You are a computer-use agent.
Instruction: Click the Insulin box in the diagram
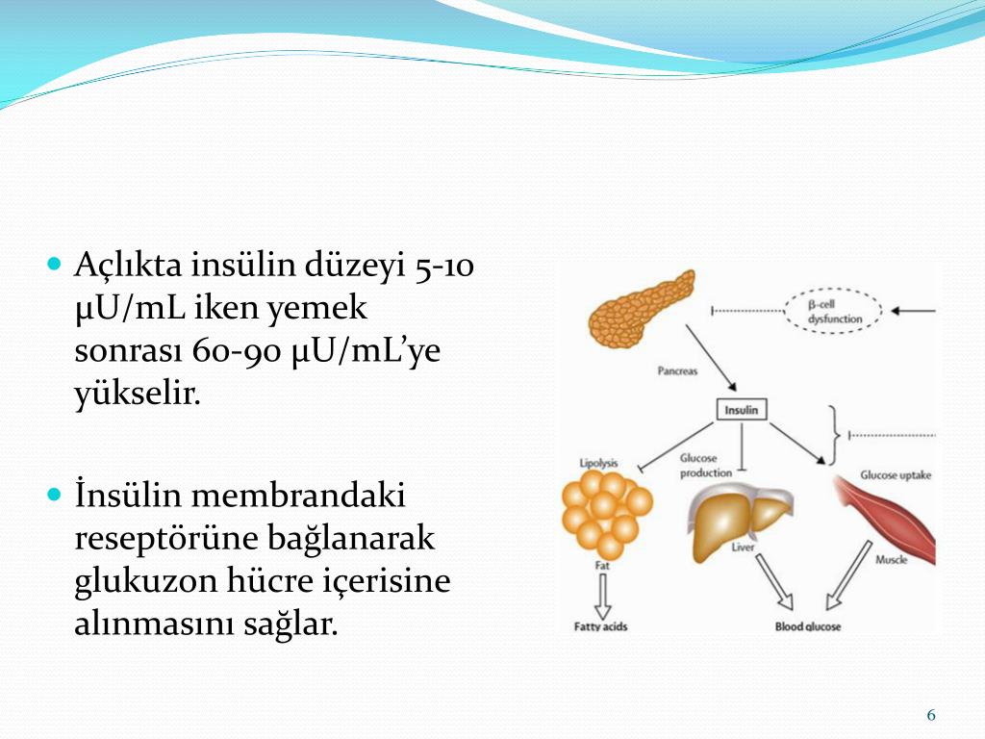[741, 409]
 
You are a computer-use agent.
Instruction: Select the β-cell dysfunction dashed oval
[835, 311]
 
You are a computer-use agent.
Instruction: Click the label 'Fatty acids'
[601, 626]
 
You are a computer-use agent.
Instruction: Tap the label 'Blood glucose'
[808, 626]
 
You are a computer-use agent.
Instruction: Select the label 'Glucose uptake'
[896, 475]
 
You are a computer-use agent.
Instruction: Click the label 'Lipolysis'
[598, 463]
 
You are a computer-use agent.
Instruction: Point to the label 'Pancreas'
[677, 370]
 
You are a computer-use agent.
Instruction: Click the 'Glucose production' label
[706, 466]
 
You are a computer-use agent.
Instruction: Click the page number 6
[930, 715]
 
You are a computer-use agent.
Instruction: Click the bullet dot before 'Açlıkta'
[54, 263]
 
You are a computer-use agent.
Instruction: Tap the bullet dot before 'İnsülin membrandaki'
[54, 496]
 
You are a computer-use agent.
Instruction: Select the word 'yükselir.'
[138, 395]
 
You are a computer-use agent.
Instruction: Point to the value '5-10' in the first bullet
[443, 266]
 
